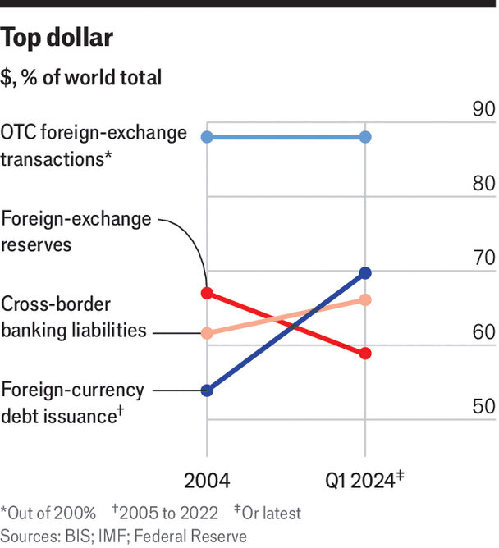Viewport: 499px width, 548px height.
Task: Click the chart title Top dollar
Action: coord(57,38)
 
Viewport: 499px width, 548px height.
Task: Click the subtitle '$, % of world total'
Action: coord(81,78)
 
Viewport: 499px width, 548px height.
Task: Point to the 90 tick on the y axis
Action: coord(483,110)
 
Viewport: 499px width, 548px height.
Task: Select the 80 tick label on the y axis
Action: coord(483,184)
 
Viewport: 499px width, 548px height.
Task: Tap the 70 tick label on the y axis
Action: coord(483,258)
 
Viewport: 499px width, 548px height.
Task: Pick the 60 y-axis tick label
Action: coord(483,332)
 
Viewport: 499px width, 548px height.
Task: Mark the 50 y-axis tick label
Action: coord(483,406)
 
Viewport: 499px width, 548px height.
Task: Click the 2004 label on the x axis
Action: coord(207,481)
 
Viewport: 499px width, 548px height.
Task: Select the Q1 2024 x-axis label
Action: coord(361,481)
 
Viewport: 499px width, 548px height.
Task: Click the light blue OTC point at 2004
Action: coord(208,136)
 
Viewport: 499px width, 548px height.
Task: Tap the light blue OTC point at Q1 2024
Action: coord(365,136)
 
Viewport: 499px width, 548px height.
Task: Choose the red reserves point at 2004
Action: coord(208,293)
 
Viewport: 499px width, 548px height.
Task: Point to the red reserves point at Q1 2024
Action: coord(365,354)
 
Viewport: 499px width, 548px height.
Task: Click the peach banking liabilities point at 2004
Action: coord(208,333)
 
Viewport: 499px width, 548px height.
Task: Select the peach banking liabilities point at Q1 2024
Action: coord(365,300)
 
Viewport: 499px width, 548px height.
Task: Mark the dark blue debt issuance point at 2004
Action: coord(208,390)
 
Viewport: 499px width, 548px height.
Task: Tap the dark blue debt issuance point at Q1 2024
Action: coord(365,272)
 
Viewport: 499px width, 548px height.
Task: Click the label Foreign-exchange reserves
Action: coord(76,231)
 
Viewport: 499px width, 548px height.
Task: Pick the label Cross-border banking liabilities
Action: coord(74,317)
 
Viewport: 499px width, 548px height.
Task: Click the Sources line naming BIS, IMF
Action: coord(123,535)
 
